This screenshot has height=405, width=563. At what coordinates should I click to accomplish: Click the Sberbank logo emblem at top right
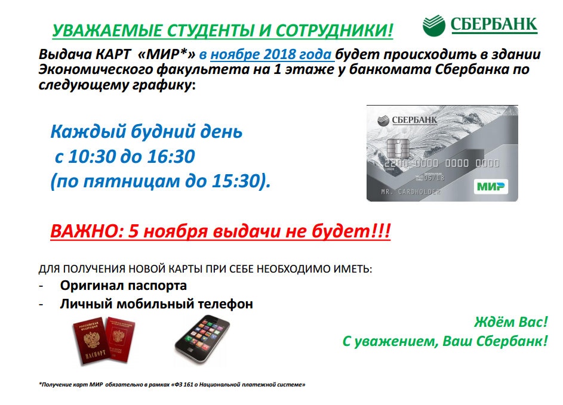click(x=433, y=26)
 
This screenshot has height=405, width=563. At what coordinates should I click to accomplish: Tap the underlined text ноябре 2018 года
click(x=270, y=54)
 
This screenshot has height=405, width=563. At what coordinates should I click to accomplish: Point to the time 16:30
click(x=171, y=156)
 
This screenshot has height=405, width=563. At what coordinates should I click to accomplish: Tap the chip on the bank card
click(x=398, y=149)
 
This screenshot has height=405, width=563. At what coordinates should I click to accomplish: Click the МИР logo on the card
click(x=491, y=187)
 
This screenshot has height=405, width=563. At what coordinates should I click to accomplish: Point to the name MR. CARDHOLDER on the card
click(x=410, y=192)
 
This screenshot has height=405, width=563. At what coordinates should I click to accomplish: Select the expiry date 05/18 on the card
click(x=433, y=178)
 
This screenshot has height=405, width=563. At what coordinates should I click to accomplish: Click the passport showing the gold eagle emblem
click(x=91, y=339)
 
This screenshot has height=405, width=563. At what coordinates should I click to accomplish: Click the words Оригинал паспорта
click(x=124, y=286)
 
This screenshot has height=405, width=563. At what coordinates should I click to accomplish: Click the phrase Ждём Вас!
click(x=511, y=322)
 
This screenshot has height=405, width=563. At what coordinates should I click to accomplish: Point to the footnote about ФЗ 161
click(x=172, y=385)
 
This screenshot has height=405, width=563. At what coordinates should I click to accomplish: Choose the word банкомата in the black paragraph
click(x=390, y=69)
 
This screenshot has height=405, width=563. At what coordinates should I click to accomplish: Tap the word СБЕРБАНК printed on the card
click(x=414, y=120)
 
